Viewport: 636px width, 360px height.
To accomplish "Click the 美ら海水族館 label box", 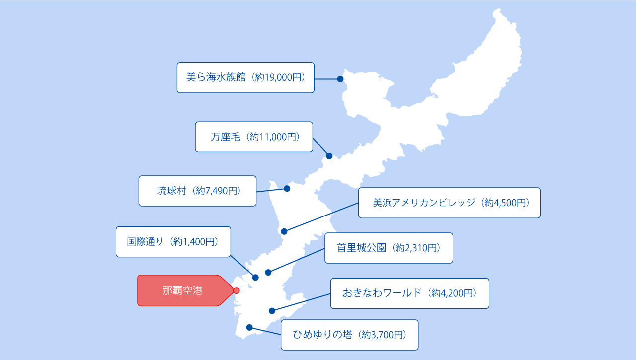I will tap(245, 77).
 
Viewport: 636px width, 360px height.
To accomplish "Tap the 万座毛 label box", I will tap(254, 137).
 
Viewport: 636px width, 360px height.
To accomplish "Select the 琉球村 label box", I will tap(197, 191).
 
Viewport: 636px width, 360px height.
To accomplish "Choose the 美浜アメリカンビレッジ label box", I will tap(449, 203).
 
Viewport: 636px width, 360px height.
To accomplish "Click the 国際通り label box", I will tap(173, 242).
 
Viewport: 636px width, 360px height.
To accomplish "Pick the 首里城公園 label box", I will tap(389, 248).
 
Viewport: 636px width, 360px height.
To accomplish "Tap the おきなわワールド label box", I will tap(409, 293).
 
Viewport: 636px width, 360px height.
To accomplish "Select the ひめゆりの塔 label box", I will tap(349, 335).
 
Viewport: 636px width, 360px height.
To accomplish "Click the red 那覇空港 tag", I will tap(182, 290).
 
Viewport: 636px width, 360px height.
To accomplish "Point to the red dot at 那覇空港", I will tap(237, 290).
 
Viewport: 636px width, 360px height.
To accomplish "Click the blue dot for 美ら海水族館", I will tap(340, 79).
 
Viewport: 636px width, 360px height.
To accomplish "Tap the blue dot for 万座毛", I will tap(329, 156).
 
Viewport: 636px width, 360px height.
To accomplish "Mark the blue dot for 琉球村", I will tap(287, 188).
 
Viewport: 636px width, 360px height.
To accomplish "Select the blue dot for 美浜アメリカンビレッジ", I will tap(284, 231).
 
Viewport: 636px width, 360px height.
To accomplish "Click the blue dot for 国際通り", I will tap(255, 277).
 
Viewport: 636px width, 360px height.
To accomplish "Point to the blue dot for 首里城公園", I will tap(268, 272).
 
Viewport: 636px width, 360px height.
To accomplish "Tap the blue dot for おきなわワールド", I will tap(272, 311).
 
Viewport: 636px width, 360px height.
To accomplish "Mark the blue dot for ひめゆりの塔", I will tap(249, 327).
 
